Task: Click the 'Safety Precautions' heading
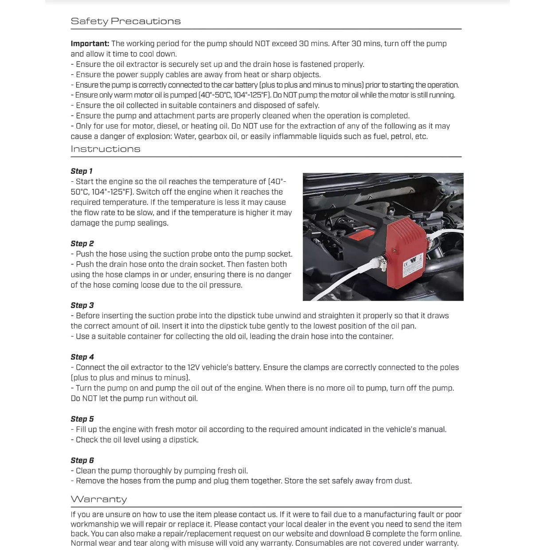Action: (125, 21)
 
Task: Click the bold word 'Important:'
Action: (90, 43)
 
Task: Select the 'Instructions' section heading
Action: (106, 149)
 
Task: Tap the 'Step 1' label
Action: (82, 171)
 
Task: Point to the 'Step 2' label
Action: (82, 243)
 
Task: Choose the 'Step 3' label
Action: (82, 305)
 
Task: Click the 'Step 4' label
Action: (82, 357)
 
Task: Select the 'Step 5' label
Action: (82, 419)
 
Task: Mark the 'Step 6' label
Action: (82, 460)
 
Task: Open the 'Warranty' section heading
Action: (99, 499)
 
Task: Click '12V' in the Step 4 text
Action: (193, 367)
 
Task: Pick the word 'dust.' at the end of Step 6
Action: (402, 481)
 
